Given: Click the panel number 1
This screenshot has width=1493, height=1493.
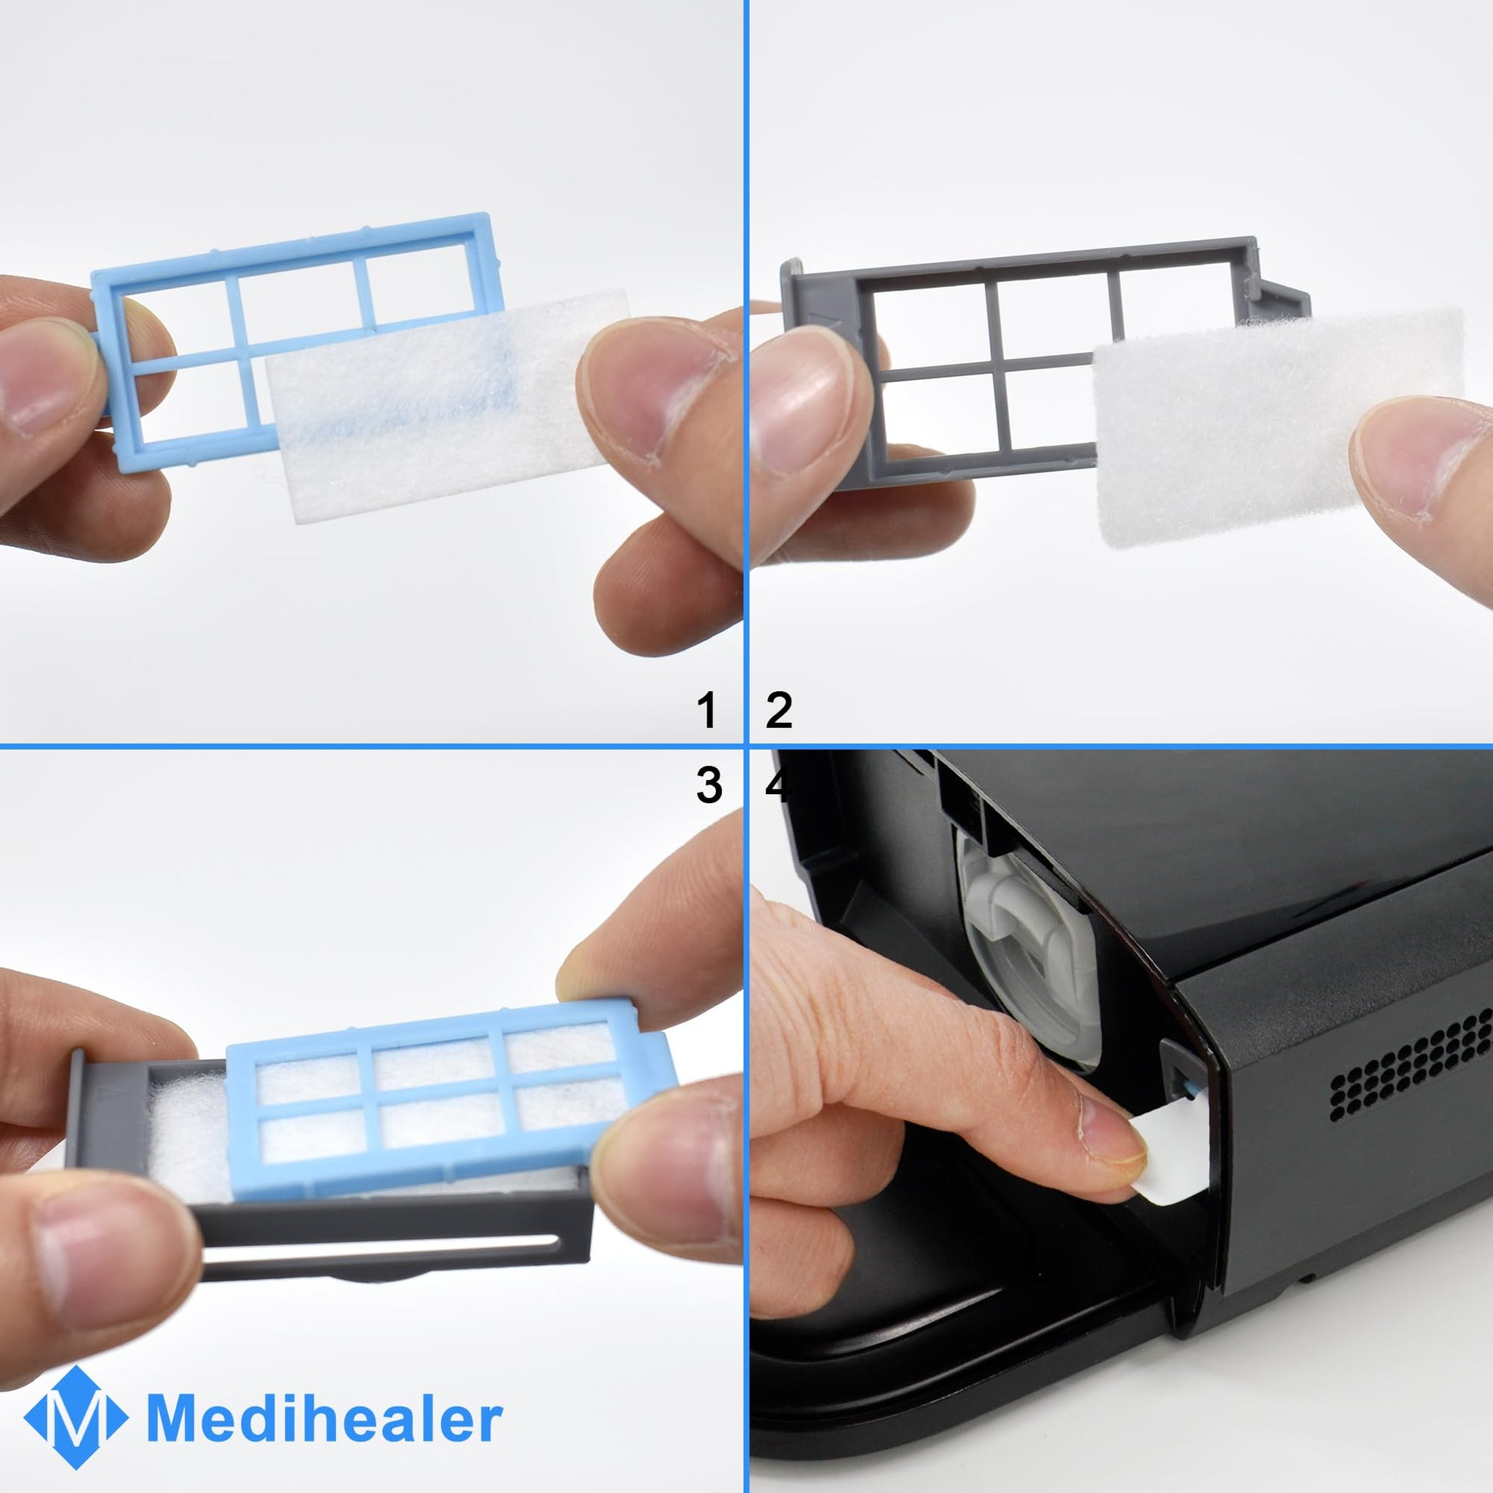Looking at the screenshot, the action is tap(707, 710).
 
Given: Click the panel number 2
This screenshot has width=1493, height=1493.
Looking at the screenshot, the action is tap(779, 710).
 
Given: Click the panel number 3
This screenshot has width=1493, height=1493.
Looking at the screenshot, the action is tap(709, 784).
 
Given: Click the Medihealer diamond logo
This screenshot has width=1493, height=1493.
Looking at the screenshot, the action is tap(75, 1416).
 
